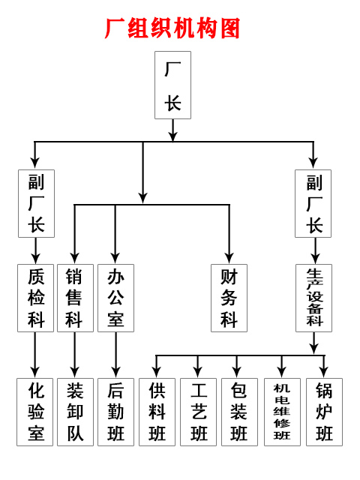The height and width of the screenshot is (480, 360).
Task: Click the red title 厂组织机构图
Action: point(172,28)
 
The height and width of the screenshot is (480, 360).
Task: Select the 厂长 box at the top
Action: point(173,85)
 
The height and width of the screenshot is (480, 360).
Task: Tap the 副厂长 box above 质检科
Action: point(37,203)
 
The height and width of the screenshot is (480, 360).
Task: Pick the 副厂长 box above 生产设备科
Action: point(313,203)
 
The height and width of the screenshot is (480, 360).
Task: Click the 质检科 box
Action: point(35,298)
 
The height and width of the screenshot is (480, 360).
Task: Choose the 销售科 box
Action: point(75,298)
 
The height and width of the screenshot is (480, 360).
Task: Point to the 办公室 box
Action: point(115,298)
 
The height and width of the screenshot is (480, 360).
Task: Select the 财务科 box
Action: point(229,298)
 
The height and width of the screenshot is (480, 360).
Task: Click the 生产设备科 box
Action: point(313,298)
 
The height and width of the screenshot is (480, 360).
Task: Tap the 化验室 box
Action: point(35,412)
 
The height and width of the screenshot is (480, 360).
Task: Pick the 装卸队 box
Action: point(75,412)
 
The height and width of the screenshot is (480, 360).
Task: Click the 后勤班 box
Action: point(115,412)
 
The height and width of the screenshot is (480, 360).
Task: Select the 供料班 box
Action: point(157,412)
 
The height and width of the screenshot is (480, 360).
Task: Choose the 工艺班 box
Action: point(198,412)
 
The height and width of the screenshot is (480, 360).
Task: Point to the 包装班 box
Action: point(239,412)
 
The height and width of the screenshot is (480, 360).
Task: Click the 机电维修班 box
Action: point(282,412)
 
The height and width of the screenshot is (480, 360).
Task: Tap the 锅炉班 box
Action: point(324,412)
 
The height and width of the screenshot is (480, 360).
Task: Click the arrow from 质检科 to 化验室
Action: point(35,355)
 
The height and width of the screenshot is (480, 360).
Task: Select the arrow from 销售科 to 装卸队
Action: point(75,355)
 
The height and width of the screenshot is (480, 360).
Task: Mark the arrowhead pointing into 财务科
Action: point(229,259)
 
